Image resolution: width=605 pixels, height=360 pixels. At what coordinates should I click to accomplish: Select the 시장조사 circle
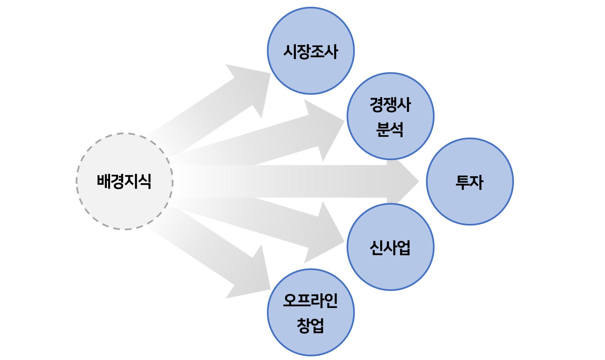coord(311,73)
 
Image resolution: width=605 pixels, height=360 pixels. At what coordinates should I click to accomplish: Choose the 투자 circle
coord(470,204)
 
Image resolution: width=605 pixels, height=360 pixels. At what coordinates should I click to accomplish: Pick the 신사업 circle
coord(390,270)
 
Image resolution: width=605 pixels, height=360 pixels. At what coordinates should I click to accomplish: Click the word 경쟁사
coord(390,105)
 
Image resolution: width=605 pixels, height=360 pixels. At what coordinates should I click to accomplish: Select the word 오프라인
coord(311,300)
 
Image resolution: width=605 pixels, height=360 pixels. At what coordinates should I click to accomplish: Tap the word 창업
coord(311,325)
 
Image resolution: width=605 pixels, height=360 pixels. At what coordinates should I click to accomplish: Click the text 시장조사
coord(311,52)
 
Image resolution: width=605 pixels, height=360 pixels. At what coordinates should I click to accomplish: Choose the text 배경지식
coord(124,182)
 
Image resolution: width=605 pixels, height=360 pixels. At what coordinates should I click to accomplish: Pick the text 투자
coord(470,182)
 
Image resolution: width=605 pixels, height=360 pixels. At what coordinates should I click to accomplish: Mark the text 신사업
coord(390,248)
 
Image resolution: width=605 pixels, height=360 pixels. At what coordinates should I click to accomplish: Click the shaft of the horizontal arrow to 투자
coord(283,182)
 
